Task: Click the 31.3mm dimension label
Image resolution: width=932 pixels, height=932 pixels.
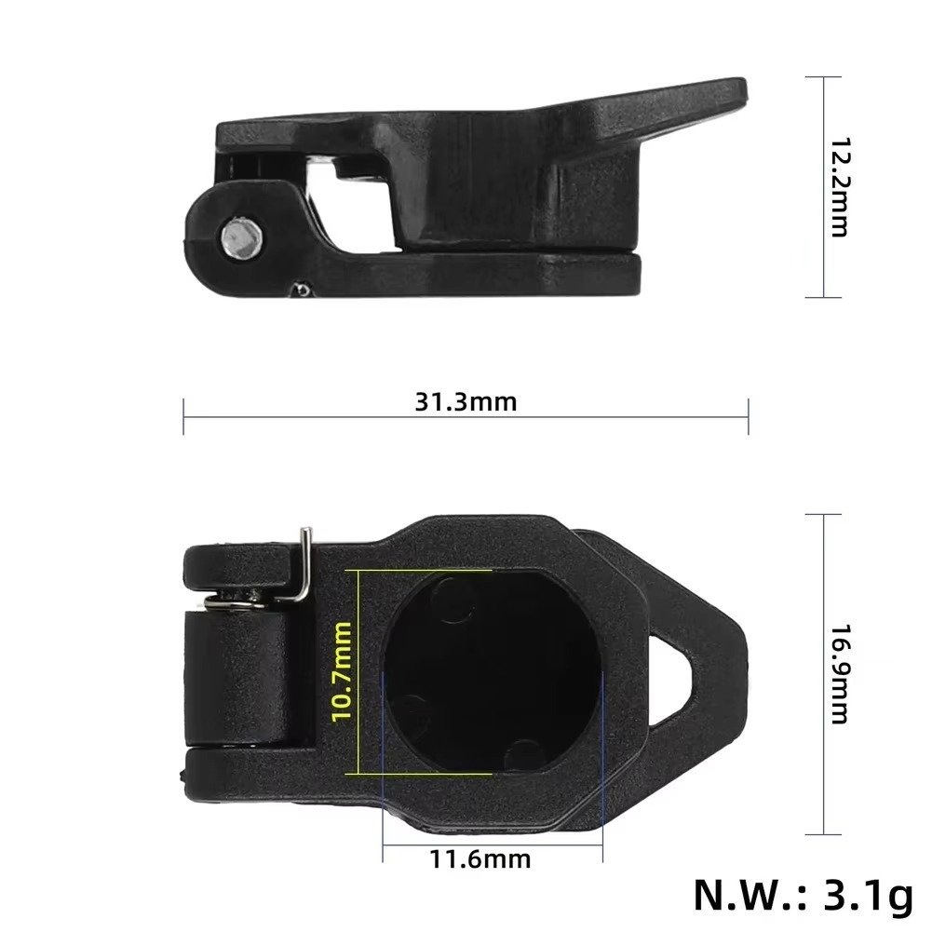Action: pos(466,402)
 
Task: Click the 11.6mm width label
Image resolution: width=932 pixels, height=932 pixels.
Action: pos(480,858)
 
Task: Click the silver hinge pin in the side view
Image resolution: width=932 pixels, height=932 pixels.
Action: pos(242,237)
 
